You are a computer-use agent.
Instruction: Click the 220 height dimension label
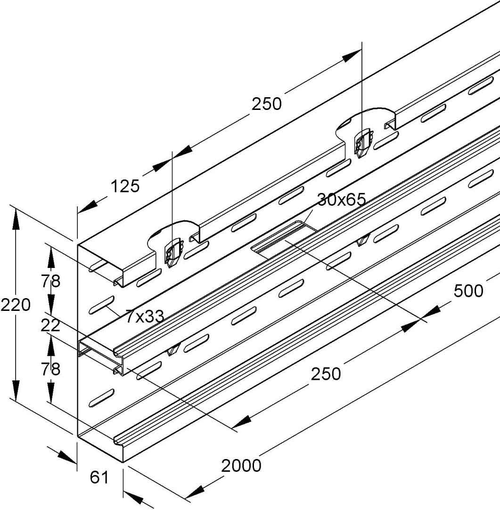15,305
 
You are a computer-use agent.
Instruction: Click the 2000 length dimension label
241,466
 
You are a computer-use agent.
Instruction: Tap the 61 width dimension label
99,478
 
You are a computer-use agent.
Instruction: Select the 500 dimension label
468,291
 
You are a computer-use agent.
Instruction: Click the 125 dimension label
125,186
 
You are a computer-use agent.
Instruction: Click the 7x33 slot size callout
145,316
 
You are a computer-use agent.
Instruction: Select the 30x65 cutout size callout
341,200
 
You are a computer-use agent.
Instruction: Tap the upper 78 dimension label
50,281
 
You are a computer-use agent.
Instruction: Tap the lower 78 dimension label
50,368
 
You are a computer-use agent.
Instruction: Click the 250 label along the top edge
266,104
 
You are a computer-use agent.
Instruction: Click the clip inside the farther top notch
362,143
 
